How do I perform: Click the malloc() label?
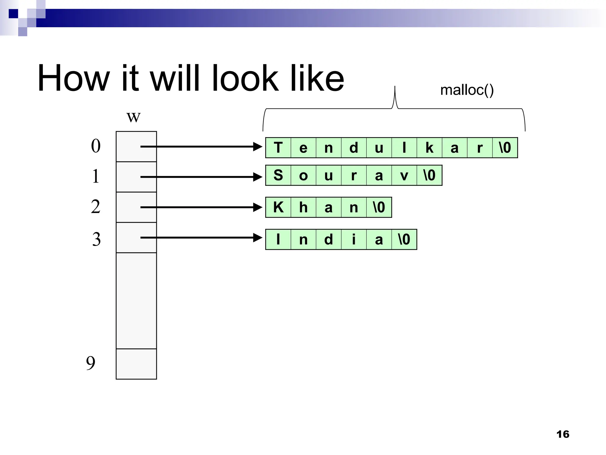[467, 90]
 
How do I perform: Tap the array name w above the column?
[133, 117]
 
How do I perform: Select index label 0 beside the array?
[96, 146]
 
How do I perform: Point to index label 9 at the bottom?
[91, 363]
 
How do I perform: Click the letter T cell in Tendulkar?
[278, 148]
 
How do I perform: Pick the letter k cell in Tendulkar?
[429, 148]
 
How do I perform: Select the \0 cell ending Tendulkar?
[505, 148]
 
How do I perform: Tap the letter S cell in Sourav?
[278, 175]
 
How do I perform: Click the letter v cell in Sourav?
[404, 175]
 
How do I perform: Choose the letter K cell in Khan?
[278, 207]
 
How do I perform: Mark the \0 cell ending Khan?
[379, 207]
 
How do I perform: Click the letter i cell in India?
[354, 239]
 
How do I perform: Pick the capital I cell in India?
[278, 239]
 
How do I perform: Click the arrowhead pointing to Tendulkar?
[257, 147]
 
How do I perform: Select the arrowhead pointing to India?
[257, 238]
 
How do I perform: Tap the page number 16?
[563, 434]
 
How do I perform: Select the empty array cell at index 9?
[136, 364]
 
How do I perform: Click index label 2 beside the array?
[96, 207]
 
